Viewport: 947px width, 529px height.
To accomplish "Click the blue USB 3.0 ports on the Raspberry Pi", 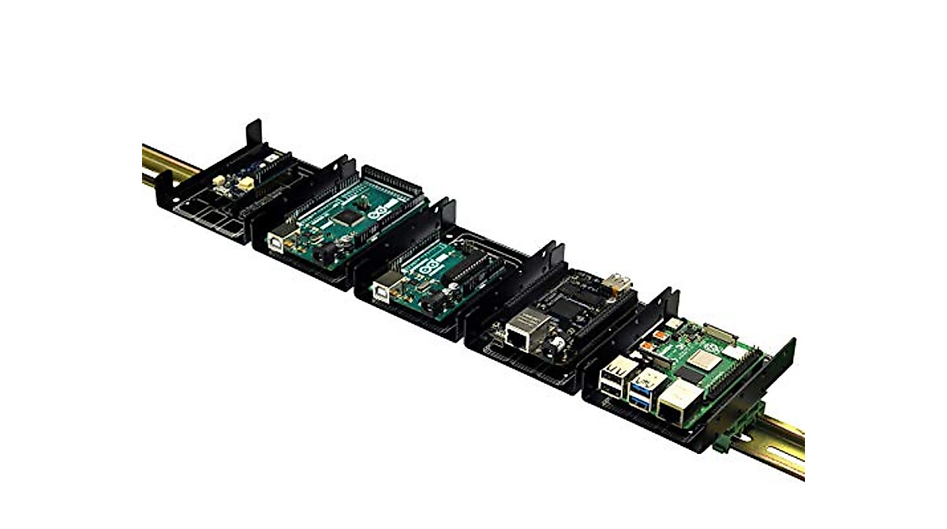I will point(641,392).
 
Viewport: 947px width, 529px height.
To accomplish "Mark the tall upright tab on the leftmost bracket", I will point(253,134).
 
